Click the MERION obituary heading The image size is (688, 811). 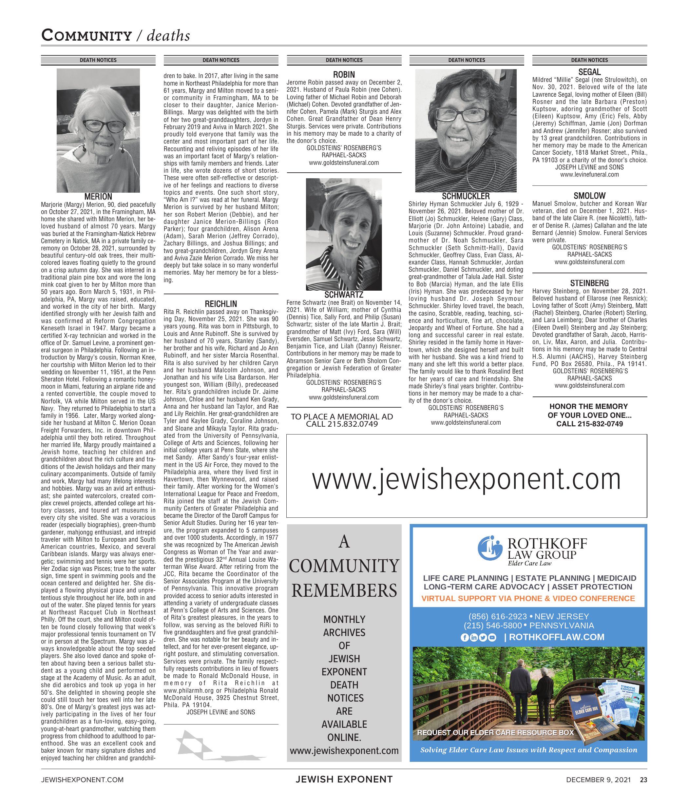[x=98, y=197]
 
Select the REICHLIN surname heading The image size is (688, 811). [x=221, y=304]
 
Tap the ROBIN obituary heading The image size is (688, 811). [x=344, y=74]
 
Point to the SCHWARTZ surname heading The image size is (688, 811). [x=344, y=295]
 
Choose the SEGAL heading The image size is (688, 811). [x=589, y=72]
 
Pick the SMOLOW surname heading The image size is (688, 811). [x=589, y=196]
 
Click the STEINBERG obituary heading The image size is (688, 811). [x=589, y=283]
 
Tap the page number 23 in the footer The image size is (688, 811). [x=643, y=780]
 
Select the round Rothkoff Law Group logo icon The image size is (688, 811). [x=489, y=548]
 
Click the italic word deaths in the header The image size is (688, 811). [x=168, y=36]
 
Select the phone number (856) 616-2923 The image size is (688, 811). [x=497, y=616]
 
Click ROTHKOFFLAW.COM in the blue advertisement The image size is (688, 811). [x=557, y=637]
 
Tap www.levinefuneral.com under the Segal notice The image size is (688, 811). [x=589, y=174]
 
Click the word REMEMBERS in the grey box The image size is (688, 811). [x=344, y=590]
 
